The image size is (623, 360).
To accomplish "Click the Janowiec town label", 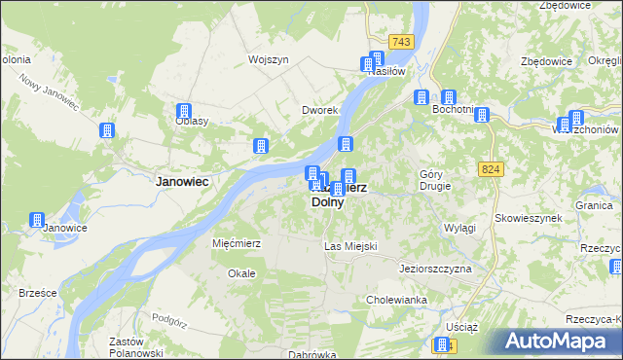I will coord(185,181).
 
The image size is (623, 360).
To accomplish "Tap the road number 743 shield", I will coord(400,41).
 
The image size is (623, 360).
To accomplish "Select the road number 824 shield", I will coord(491,169).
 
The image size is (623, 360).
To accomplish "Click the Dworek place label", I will coord(318,111).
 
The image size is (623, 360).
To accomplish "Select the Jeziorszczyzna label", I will coord(435,268).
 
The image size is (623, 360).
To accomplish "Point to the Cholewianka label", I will coord(396,300).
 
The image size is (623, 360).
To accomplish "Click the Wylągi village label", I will coord(459,228).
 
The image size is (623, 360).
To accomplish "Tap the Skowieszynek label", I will coord(529,219).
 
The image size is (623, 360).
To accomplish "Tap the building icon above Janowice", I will coord(37,220).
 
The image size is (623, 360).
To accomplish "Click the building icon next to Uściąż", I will coord(442,345).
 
